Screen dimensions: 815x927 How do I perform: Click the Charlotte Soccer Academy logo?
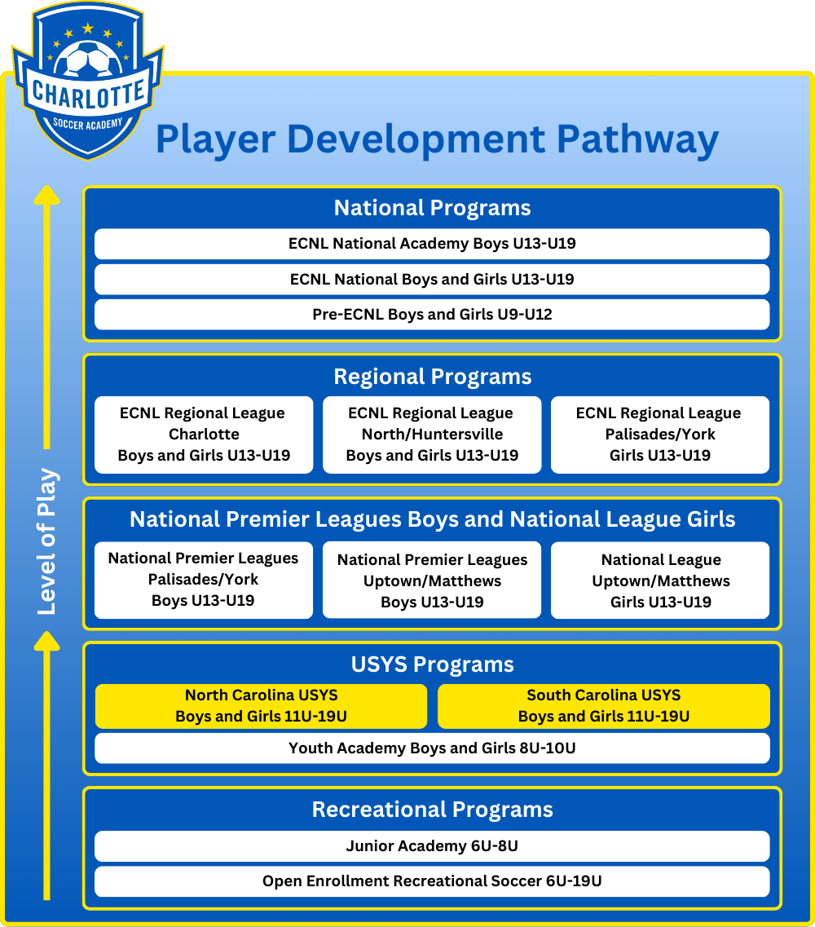tap(88, 81)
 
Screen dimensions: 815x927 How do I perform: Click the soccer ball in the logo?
tap(88, 60)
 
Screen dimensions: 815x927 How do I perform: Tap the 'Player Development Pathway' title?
tap(437, 140)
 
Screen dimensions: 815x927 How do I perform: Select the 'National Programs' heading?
tap(432, 208)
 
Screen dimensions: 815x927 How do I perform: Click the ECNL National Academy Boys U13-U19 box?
tap(432, 244)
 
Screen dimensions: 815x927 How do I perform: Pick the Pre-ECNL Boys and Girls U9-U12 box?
tap(432, 315)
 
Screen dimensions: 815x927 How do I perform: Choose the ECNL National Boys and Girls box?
tap(432, 279)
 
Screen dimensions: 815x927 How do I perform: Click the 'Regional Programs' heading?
tap(433, 377)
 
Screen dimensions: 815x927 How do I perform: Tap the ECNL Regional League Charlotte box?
tap(204, 435)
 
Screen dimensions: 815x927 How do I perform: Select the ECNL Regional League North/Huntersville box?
tap(432, 435)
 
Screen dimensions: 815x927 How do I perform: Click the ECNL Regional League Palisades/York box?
tap(660, 435)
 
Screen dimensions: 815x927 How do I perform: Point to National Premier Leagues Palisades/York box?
tap(204, 580)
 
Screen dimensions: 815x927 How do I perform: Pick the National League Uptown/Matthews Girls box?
tap(660, 580)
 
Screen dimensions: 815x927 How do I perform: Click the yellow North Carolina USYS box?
tap(262, 706)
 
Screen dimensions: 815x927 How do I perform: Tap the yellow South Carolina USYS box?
tap(603, 706)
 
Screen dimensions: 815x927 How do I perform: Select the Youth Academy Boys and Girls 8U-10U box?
tap(432, 748)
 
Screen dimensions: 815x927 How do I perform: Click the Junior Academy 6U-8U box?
tap(432, 846)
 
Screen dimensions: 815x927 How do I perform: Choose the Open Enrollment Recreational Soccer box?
tap(432, 881)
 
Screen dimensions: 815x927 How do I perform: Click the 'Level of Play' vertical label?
tap(46, 541)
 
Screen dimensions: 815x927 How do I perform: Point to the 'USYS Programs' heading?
tap(433, 664)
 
